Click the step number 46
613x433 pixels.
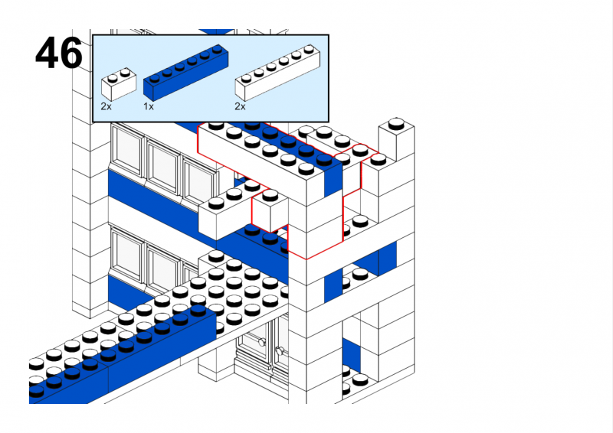(x=58, y=54)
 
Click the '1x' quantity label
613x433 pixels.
(x=149, y=106)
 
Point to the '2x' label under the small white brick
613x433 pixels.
(x=106, y=106)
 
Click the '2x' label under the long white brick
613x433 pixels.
(x=240, y=106)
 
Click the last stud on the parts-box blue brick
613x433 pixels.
(x=220, y=51)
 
